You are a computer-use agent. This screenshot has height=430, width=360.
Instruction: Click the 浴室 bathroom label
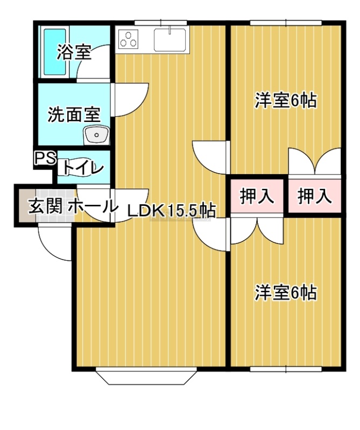coord(74,53)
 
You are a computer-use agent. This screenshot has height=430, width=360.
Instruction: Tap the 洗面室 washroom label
coord(74,114)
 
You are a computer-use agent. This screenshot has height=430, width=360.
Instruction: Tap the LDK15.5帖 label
coord(172,211)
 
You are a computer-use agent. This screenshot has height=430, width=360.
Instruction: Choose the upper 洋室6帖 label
coord(285,101)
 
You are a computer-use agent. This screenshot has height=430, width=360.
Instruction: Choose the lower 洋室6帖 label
coord(285,293)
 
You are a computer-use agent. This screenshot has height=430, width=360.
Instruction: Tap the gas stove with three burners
coord(129,39)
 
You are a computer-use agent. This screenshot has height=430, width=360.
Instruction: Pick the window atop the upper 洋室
coord(286,23)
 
